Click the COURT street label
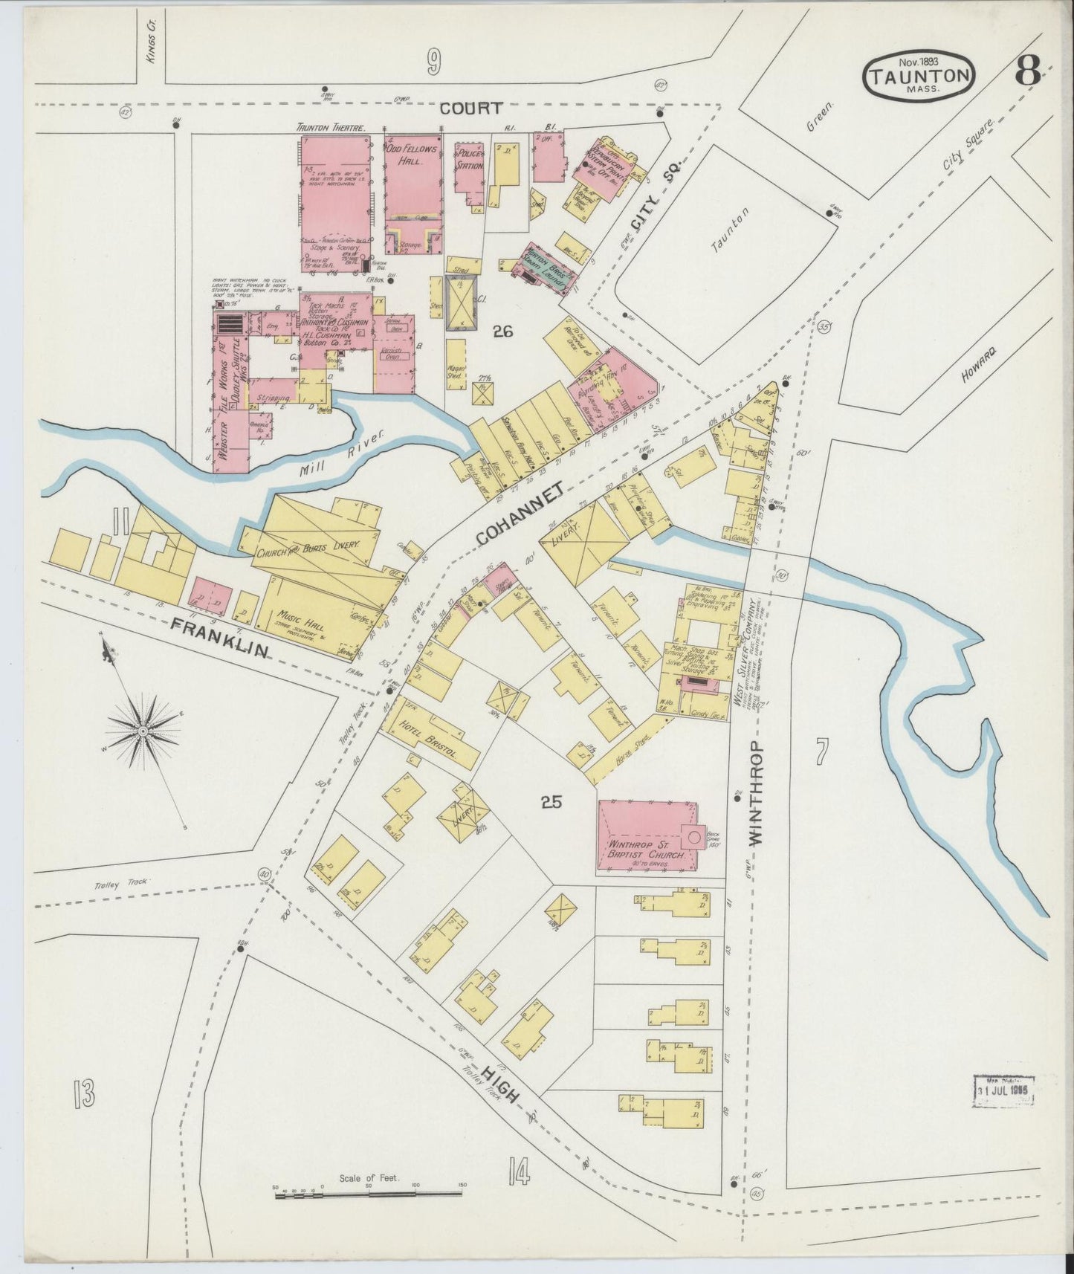tap(470, 108)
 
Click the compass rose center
tap(143, 731)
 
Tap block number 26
tap(502, 332)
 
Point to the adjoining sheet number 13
tap(83, 1094)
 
